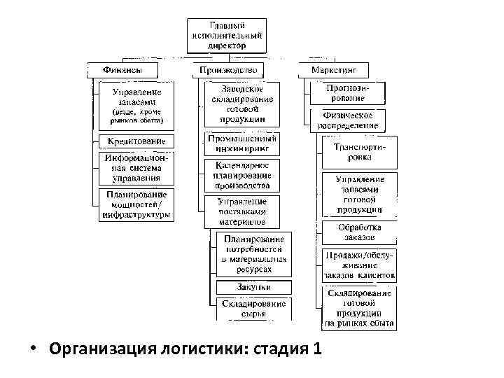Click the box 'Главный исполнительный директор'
pyautogui.click(x=226, y=35)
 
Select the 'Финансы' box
pyautogui.click(x=122, y=70)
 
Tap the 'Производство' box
pyautogui.click(x=228, y=70)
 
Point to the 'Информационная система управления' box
pyautogui.click(x=136, y=169)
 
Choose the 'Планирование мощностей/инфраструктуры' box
pyautogui.click(x=136, y=204)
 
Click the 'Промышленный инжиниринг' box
pyautogui.click(x=242, y=143)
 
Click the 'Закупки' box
pyautogui.click(x=254, y=287)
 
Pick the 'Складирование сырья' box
pyautogui.click(x=254, y=309)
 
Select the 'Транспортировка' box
pyautogui.click(x=358, y=153)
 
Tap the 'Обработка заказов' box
pyautogui.click(x=358, y=232)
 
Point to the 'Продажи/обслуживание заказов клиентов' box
pyautogui.click(x=359, y=264)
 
